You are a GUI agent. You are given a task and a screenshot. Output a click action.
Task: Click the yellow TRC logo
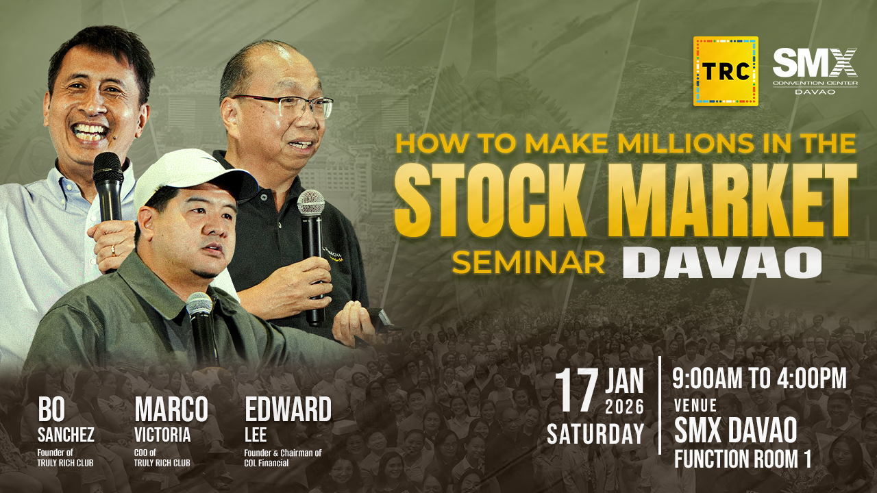[726, 71]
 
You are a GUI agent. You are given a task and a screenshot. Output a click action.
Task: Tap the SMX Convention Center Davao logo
[815, 71]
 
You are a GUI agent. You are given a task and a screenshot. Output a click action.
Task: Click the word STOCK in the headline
[490, 201]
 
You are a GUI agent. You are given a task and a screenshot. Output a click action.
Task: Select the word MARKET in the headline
[732, 201]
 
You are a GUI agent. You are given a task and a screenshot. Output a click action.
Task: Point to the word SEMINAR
[528, 263]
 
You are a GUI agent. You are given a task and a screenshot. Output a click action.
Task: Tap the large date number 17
[576, 390]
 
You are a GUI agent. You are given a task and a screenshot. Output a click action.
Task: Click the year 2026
[624, 407]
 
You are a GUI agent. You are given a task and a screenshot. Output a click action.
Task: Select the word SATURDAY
[595, 433]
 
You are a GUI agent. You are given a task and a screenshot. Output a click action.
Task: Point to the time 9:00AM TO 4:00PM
[760, 379]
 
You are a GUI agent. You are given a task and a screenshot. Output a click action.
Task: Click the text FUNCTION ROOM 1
[742, 459]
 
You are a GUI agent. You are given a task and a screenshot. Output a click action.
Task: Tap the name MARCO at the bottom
[171, 409]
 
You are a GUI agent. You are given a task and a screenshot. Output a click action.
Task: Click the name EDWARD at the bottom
[288, 409]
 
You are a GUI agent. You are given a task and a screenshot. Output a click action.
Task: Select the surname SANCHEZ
[66, 435]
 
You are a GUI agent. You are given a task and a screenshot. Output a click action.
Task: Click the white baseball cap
[194, 178]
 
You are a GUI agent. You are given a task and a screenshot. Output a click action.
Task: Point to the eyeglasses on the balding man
[284, 105]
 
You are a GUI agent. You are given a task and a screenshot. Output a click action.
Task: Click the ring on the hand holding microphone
[114, 251]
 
